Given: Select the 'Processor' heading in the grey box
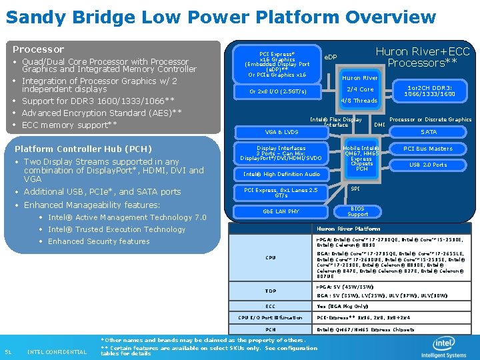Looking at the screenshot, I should coord(39,49).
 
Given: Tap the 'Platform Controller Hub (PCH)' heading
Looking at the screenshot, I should coord(83,149).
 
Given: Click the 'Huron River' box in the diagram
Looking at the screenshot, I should coord(361,78).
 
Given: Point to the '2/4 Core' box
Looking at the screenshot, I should coord(361,89).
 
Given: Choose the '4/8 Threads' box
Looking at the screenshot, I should coord(359,101).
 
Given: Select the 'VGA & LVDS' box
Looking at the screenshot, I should coord(281,132).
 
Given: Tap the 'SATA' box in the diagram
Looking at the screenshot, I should coord(429,132).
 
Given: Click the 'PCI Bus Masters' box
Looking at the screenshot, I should coord(429,149).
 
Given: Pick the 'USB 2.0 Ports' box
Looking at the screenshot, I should coord(429,165).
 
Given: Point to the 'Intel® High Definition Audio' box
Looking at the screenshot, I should coord(281,175).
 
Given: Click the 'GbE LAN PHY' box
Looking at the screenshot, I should coord(281,211).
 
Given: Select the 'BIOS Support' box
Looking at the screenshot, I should coord(358,211).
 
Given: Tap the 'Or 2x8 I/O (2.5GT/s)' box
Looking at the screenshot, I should coord(277,91).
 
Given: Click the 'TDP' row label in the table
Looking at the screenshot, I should coord(271,291).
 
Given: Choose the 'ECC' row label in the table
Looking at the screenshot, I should coord(271,306).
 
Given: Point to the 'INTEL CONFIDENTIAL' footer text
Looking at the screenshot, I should coord(57,352).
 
